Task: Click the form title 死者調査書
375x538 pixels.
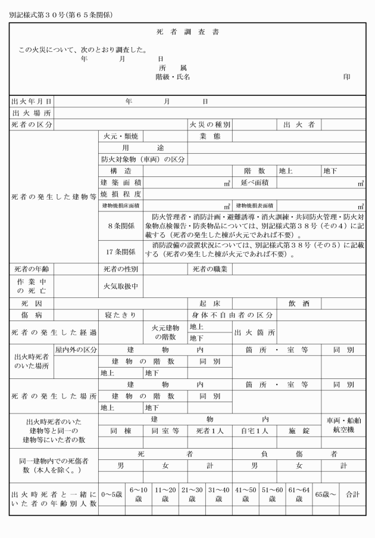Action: pyautogui.click(x=187, y=32)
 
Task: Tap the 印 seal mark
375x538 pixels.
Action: pyautogui.click(x=347, y=77)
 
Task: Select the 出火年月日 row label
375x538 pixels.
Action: pyautogui.click(x=32, y=102)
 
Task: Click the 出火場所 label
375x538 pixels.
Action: pyautogui.click(x=32, y=113)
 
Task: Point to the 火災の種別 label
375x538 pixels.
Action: pyautogui.click(x=210, y=125)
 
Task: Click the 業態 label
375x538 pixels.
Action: pyautogui.click(x=210, y=136)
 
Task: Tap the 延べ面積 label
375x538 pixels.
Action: pyautogui.click(x=255, y=182)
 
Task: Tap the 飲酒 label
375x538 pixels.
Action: pyautogui.click(x=299, y=303)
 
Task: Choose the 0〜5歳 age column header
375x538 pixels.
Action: pyautogui.click(x=111, y=495)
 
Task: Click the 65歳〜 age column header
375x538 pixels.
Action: pyautogui.click(x=325, y=495)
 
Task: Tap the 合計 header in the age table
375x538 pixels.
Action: pyautogui.click(x=353, y=495)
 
